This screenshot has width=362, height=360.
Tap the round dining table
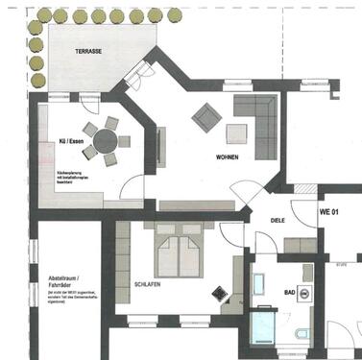tap(102, 140)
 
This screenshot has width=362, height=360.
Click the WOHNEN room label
tap(227, 156)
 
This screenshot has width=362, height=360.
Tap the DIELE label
tap(278, 219)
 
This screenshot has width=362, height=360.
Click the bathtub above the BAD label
tap(259, 285)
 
